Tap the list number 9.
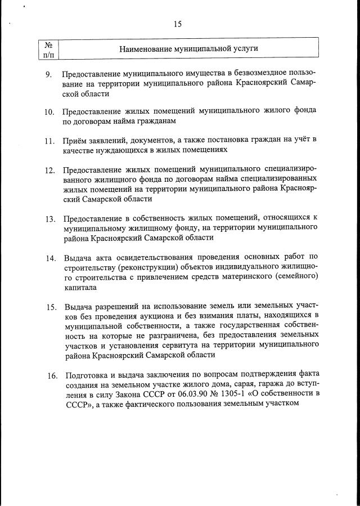coord(49,75)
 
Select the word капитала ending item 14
coord(80,288)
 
